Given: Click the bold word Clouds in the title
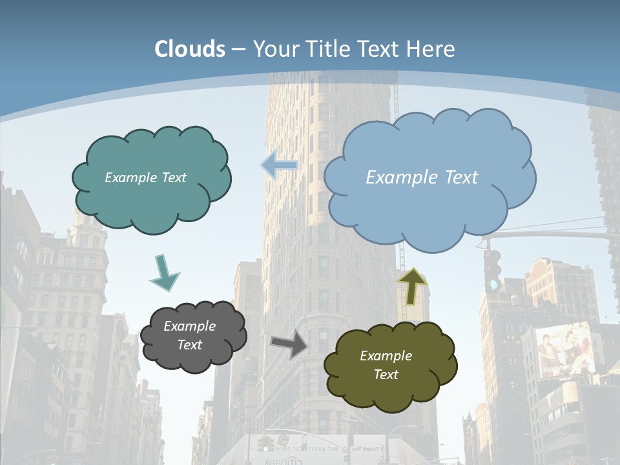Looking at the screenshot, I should coord(190,49).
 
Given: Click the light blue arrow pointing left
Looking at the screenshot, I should coord(279,165).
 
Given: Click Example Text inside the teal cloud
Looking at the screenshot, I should coord(145,178).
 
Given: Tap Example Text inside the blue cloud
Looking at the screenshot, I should coord(422,178).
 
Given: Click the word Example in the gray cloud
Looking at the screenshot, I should coord(189,326).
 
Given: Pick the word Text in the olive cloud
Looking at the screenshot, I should coord(386,375).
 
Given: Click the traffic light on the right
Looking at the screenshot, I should coord(493,269).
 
